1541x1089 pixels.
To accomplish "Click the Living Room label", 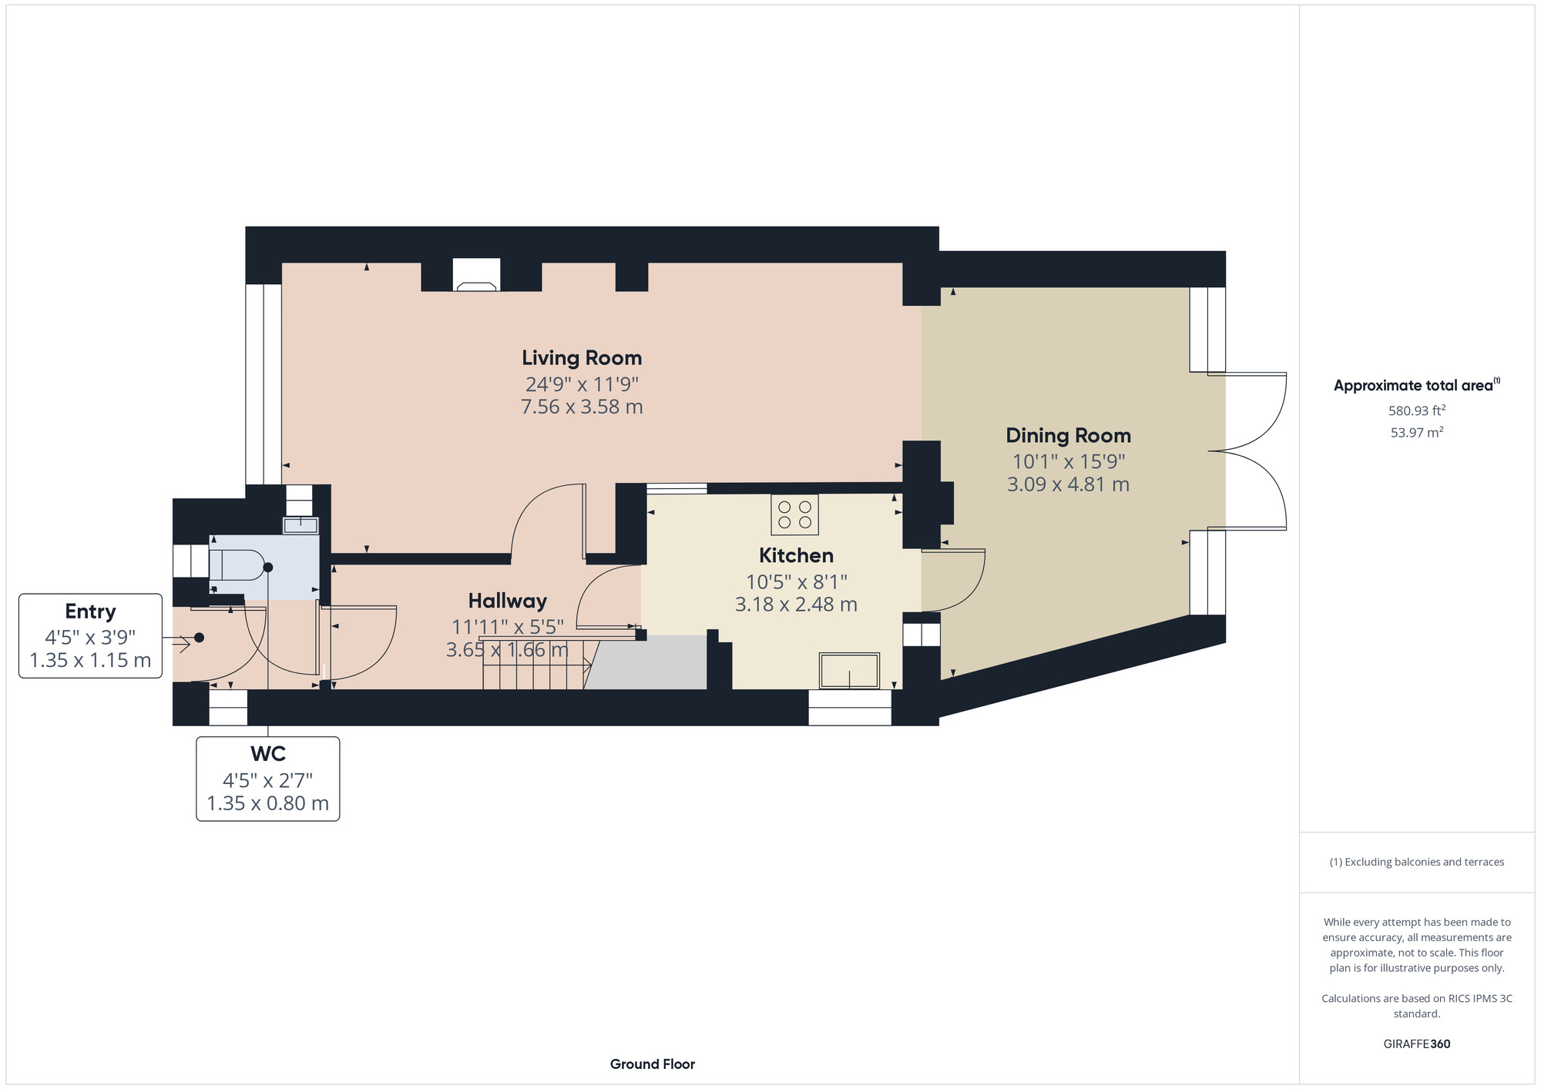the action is (582, 358).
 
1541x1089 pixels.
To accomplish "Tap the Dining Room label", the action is (1069, 436).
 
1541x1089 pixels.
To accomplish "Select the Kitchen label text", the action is (796, 555).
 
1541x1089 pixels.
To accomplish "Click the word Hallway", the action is (508, 601).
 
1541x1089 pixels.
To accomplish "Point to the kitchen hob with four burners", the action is (794, 514).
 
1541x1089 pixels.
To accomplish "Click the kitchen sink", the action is (850, 671).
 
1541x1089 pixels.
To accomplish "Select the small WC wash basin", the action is (300, 525).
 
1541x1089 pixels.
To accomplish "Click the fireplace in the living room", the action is (476, 275).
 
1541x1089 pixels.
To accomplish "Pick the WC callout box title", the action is (268, 754).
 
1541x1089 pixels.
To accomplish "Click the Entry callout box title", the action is (90, 612).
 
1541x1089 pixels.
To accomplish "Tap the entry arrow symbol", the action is (182, 638).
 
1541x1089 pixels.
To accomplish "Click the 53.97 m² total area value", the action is (1417, 432).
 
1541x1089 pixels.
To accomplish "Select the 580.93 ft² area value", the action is (1417, 410).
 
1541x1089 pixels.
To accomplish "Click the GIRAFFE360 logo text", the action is (1417, 1044).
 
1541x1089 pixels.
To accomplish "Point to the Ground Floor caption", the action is (653, 1064).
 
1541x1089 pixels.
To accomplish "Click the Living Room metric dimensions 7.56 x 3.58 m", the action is (582, 407).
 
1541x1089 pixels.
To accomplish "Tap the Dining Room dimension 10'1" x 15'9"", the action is (1069, 461).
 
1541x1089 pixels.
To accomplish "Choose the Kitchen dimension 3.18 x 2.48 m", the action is (796, 605).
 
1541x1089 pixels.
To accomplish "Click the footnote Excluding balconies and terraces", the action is (1417, 862).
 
